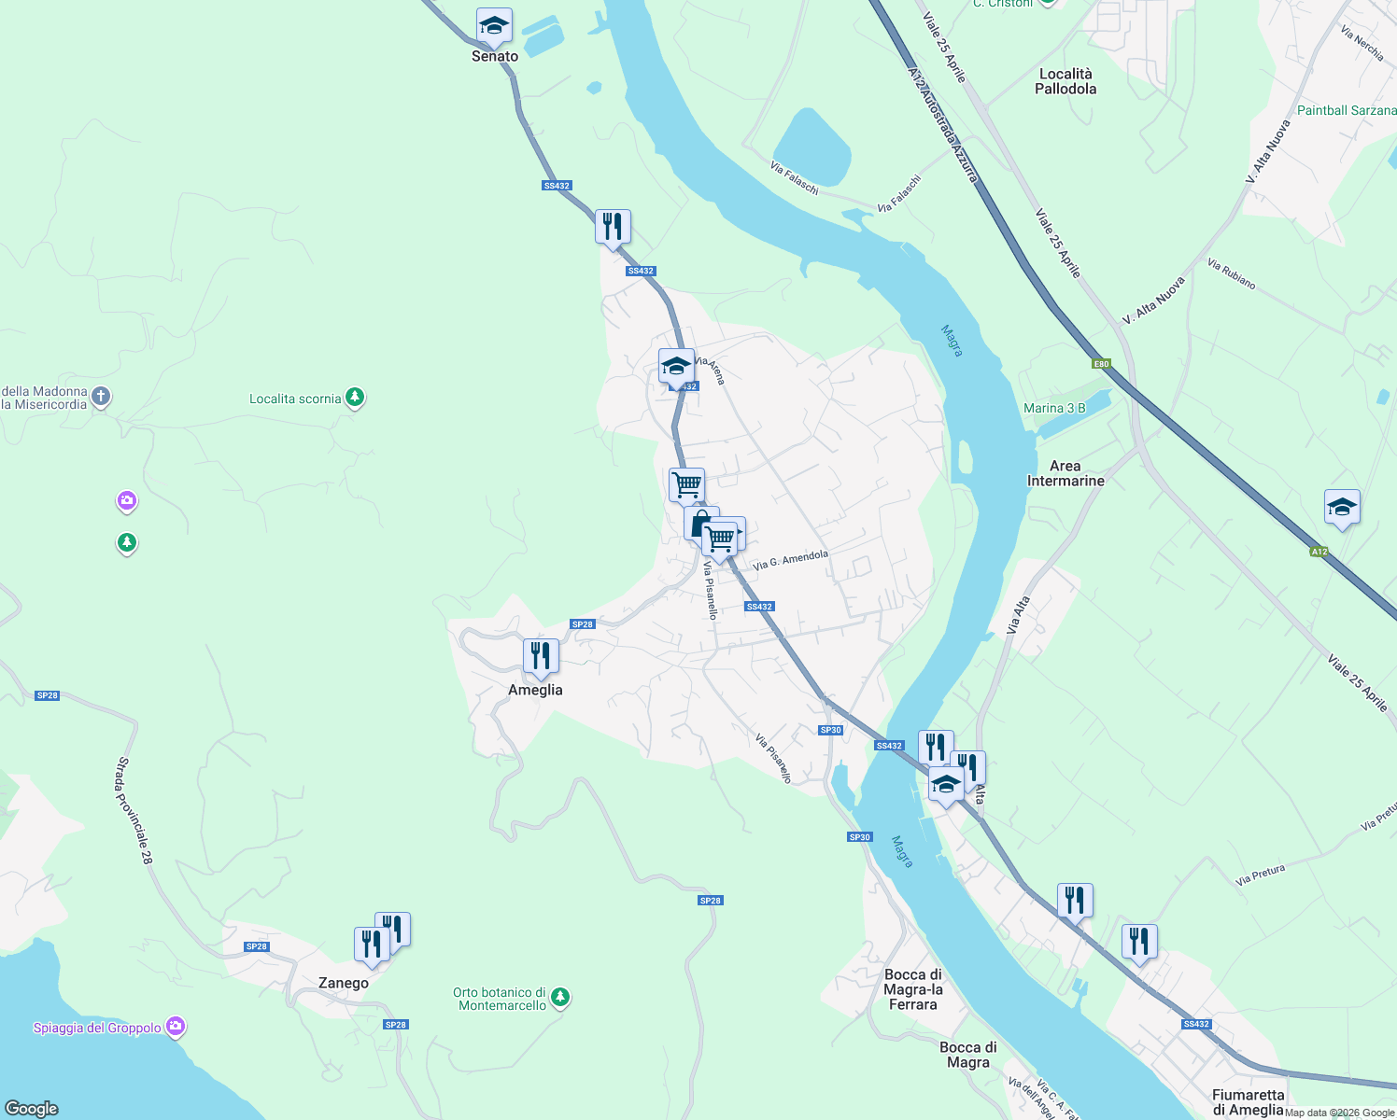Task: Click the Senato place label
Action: click(x=495, y=56)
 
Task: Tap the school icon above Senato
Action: click(x=493, y=26)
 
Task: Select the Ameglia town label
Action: click(x=535, y=690)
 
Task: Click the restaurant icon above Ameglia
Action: click(x=541, y=656)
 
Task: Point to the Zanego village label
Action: click(x=344, y=983)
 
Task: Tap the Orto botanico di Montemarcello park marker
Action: click(x=560, y=999)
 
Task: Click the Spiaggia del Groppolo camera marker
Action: click(x=176, y=1028)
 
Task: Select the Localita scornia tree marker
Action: click(x=355, y=399)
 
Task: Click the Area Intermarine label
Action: click(x=1065, y=473)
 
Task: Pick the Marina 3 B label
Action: click(x=1054, y=408)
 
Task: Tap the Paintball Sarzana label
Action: click(x=1347, y=110)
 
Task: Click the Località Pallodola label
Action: click(x=1065, y=81)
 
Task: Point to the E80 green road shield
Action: click(x=1102, y=364)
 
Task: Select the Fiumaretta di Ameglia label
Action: click(x=1249, y=1102)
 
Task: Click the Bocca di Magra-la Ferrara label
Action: click(x=913, y=989)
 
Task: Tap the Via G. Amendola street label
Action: click(x=790, y=560)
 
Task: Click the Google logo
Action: click(x=31, y=1109)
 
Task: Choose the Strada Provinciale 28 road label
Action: click(x=133, y=810)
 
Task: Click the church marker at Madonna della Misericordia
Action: click(x=102, y=398)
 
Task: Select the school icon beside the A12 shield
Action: click(x=1342, y=508)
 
